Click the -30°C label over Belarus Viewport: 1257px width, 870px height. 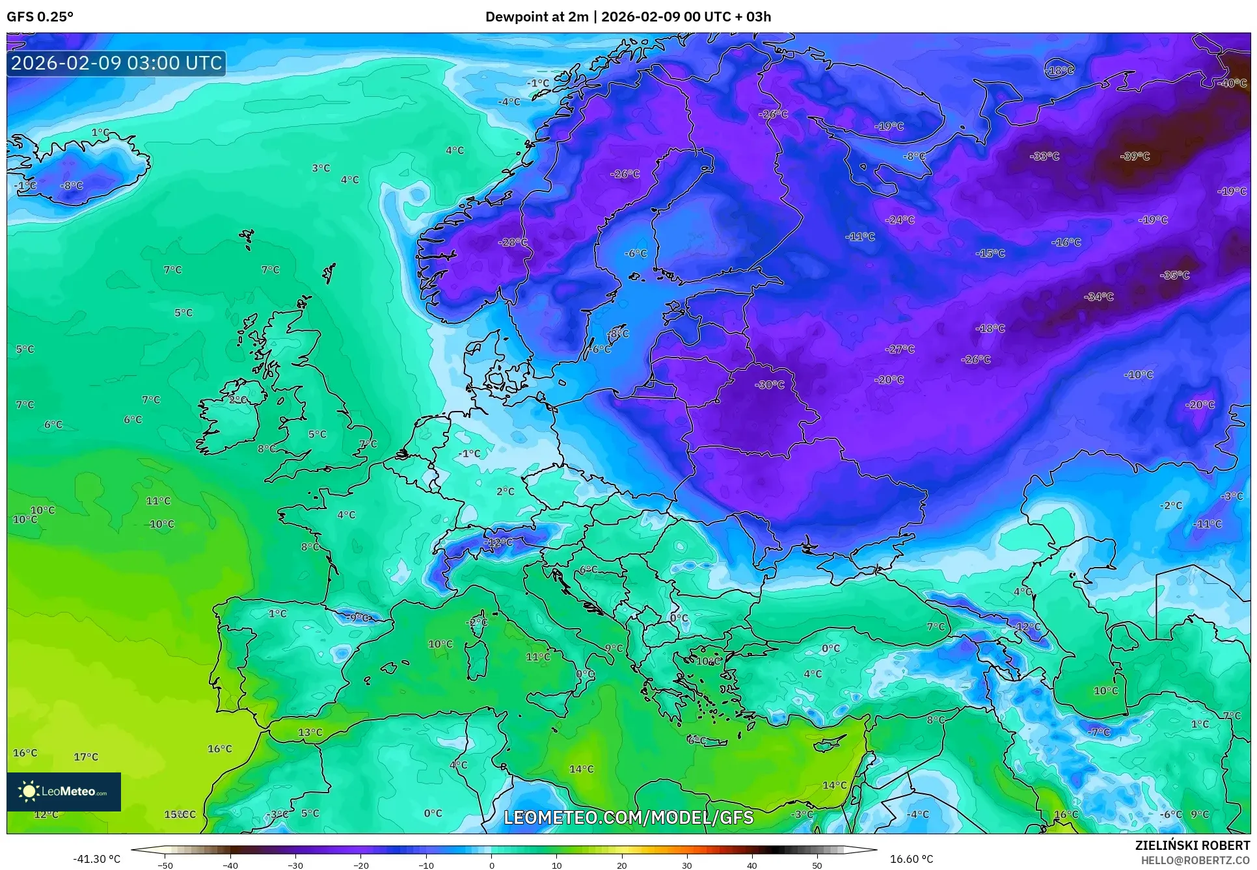point(770,385)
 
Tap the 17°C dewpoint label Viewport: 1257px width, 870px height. point(86,757)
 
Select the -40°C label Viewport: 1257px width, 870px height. point(1232,83)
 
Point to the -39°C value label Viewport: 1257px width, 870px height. point(1135,156)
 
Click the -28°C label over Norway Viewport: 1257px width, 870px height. point(513,242)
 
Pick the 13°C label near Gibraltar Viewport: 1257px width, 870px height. point(310,732)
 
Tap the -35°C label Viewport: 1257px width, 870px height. point(1174,275)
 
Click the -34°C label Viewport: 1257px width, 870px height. point(1099,297)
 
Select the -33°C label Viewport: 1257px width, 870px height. point(1044,156)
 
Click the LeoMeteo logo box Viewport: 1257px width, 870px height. point(64,791)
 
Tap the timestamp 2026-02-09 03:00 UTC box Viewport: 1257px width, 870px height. point(116,63)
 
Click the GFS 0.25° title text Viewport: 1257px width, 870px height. point(40,17)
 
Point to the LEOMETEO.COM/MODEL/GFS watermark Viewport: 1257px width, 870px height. point(628,817)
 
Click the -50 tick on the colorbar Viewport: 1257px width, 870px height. point(165,865)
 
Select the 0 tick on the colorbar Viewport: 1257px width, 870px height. point(491,865)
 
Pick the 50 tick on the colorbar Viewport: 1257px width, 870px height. point(817,865)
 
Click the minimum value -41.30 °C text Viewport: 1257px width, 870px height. point(96,859)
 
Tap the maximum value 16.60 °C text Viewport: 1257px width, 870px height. point(911,859)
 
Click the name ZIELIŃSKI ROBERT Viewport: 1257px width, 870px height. point(1192,846)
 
